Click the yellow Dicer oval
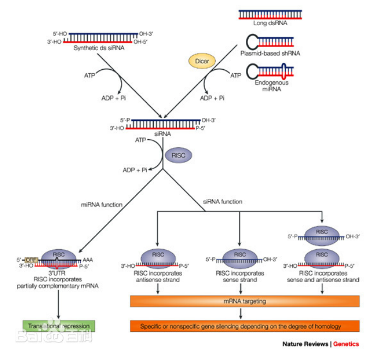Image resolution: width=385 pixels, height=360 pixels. click(202, 61)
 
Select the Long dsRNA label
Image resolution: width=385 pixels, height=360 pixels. click(270, 23)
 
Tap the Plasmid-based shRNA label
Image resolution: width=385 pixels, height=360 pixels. click(270, 53)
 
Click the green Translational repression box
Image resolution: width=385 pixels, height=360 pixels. click(58, 326)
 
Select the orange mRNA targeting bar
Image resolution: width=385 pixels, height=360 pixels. click(244, 301)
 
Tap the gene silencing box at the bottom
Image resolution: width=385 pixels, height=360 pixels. click(244, 326)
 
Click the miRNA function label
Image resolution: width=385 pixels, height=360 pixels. click(101, 205)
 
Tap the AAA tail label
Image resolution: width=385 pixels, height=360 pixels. click(88, 260)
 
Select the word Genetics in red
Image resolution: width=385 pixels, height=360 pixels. click(346, 344)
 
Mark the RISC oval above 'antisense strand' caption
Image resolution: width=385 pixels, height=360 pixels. click(158, 256)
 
